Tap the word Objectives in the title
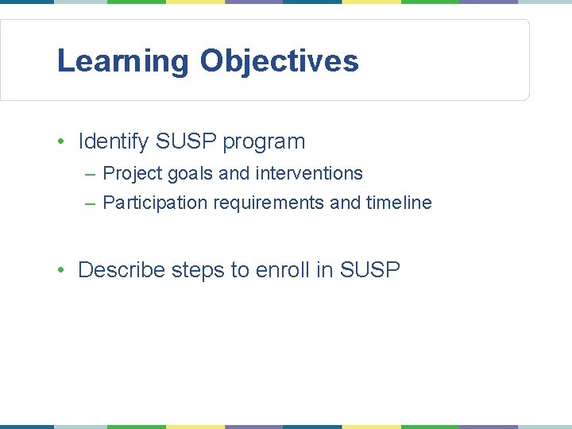[279, 61]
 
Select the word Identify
[114, 141]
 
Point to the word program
[264, 142]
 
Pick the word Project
[133, 173]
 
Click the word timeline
[399, 203]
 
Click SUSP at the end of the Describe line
[369, 270]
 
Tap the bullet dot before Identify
[60, 142]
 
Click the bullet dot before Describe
[60, 271]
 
